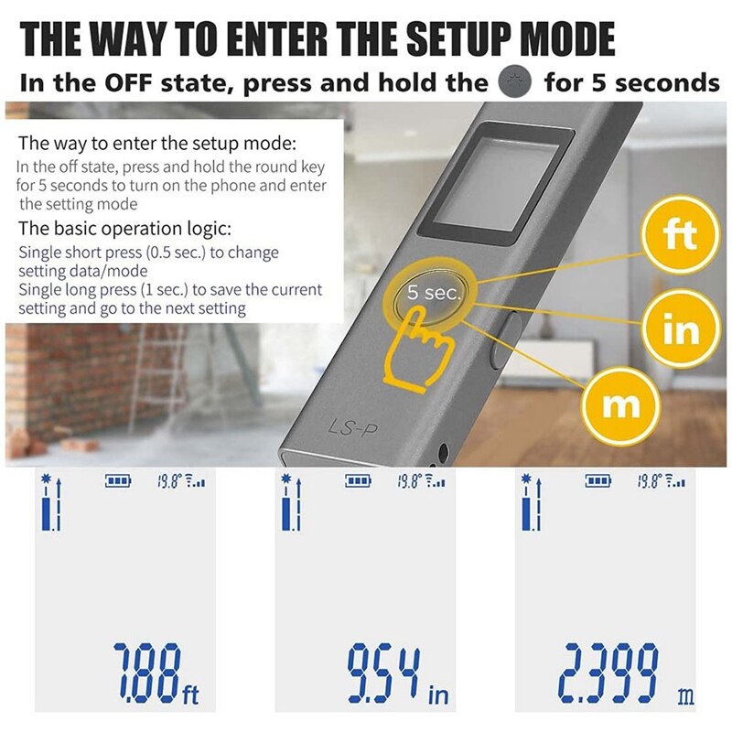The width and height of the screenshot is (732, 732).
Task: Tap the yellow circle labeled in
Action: pos(680,328)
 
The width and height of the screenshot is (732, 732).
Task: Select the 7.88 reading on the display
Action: pos(146,673)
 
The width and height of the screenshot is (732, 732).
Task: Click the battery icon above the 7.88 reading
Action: pos(118,480)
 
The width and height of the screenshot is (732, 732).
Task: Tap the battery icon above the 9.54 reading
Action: pos(358,480)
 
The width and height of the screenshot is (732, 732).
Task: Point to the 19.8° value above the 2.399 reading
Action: pos(651,480)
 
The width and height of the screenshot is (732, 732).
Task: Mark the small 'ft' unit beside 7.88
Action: pos(190,695)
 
